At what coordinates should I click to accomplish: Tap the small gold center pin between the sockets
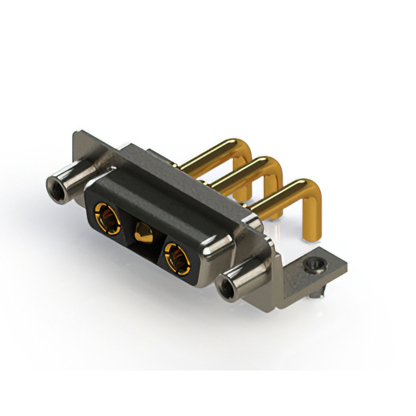(142, 233)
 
